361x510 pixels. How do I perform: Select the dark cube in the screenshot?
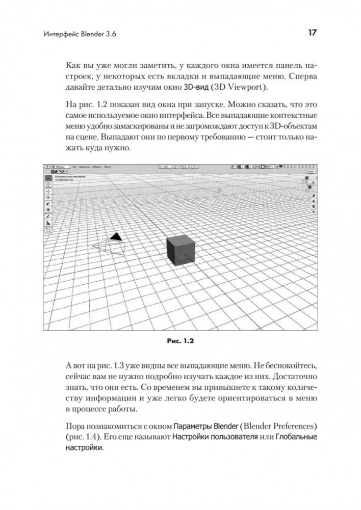coord(181,250)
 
